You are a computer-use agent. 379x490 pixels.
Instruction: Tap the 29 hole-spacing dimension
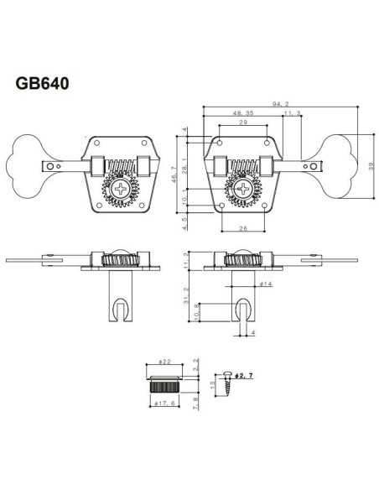point(242,124)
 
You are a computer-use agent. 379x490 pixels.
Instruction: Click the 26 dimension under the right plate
point(242,227)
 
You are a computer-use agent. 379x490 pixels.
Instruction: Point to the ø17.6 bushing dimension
point(165,405)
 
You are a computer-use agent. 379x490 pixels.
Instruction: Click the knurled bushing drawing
point(166,383)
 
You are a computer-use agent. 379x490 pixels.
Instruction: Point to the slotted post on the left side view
point(117,306)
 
